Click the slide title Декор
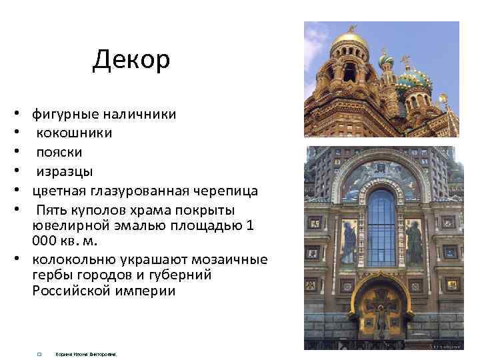coord(131,60)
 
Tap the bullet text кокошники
coord(74,133)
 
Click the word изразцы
coord(65,172)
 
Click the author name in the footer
coord(86,354)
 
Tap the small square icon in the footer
coord(40,354)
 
